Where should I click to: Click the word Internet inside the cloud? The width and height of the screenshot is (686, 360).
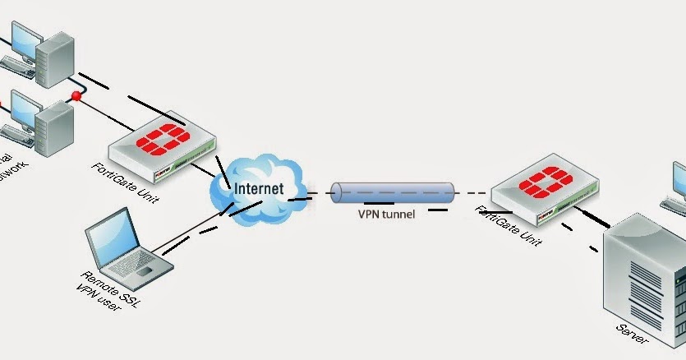coord(259,188)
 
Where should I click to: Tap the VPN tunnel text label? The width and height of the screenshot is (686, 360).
coord(386,215)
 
